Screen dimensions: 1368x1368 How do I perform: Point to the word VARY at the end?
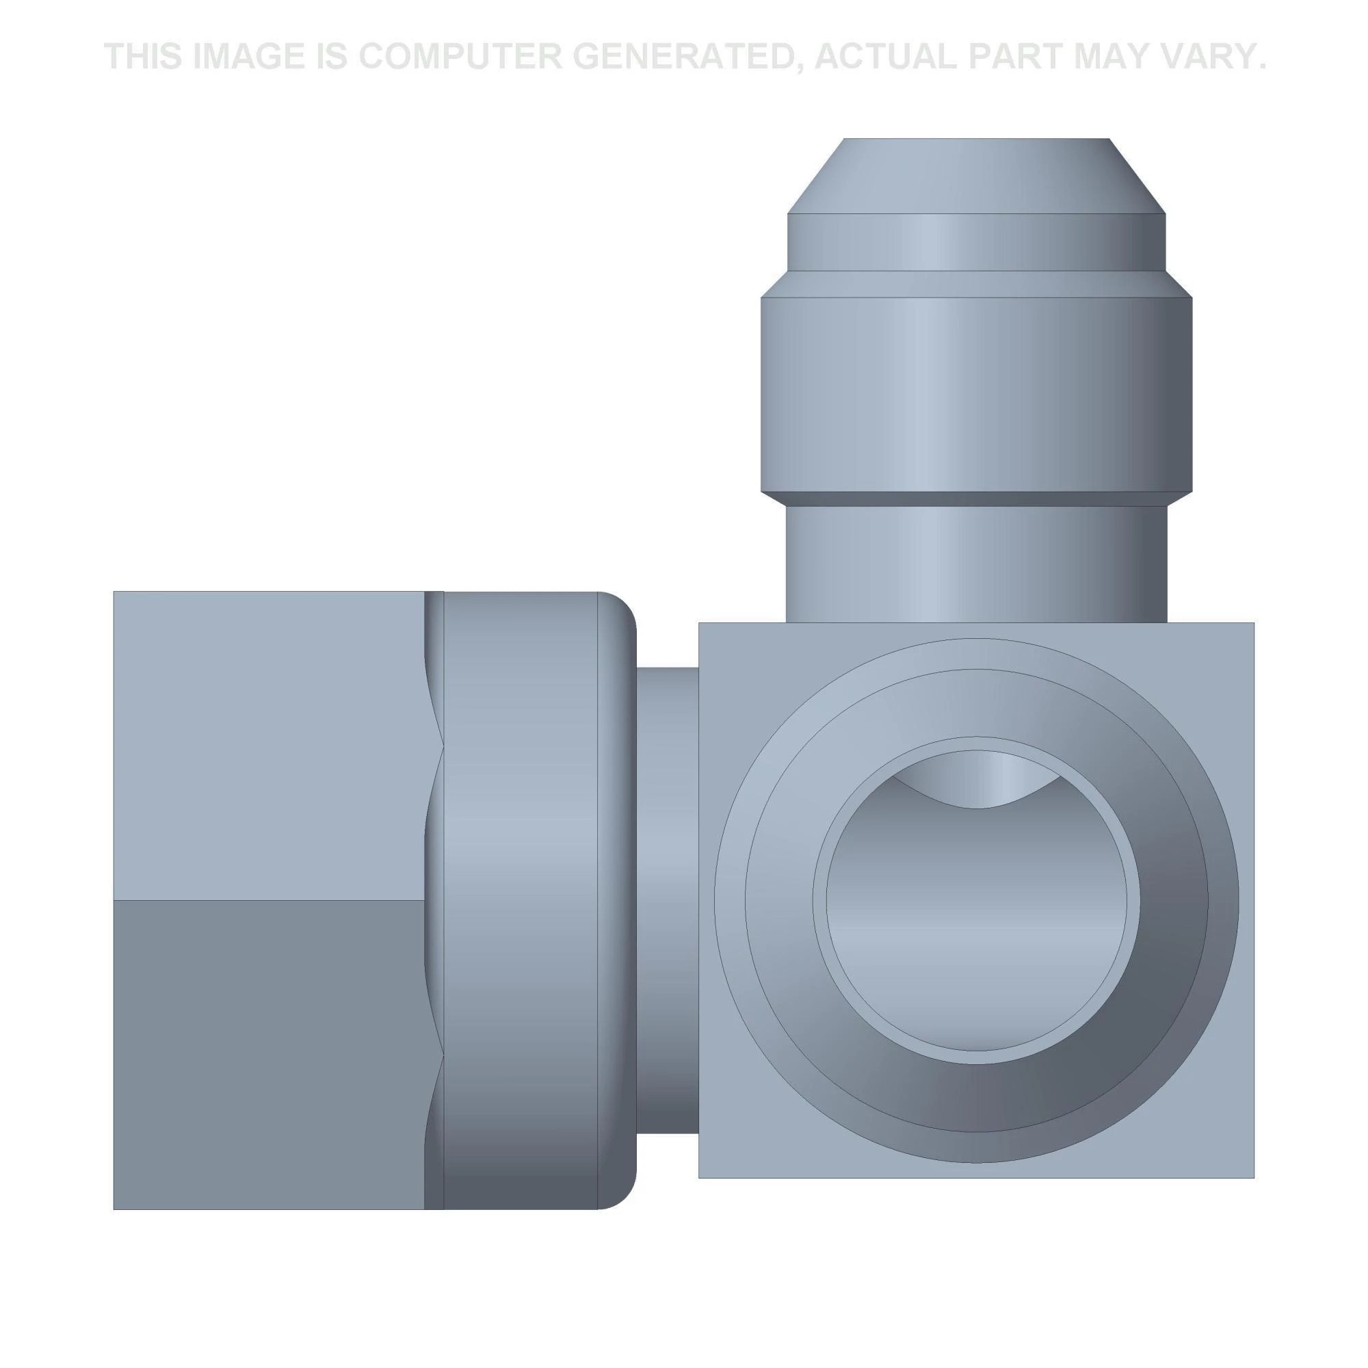pyautogui.click(x=1205, y=56)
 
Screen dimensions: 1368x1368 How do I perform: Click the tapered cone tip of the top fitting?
pyautogui.click(x=977, y=176)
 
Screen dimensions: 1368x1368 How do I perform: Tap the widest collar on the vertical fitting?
pyautogui.click(x=977, y=395)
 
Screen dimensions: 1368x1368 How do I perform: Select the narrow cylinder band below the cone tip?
pyautogui.click(x=977, y=241)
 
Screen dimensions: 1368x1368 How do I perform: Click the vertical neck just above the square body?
pyautogui.click(x=977, y=564)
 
